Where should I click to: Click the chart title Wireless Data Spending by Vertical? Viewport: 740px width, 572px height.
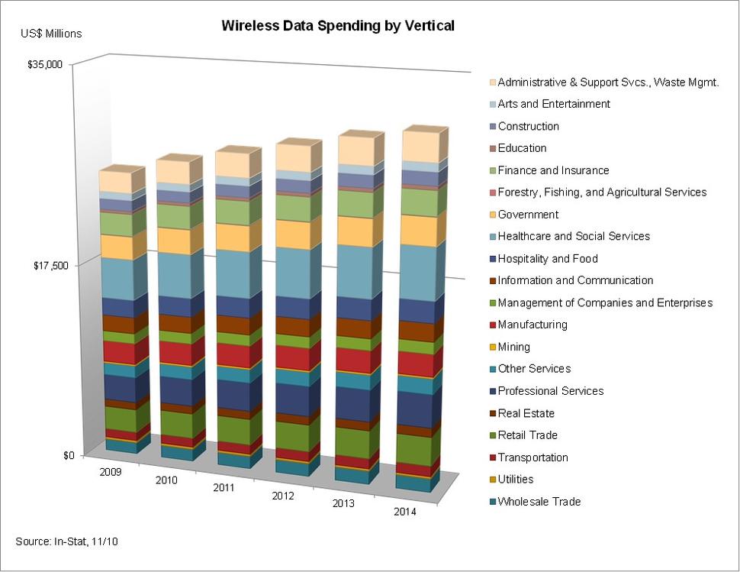point(338,26)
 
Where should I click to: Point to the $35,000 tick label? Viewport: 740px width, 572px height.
point(45,65)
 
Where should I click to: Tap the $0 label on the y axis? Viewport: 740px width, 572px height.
point(69,456)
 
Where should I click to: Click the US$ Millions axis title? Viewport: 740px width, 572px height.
point(50,34)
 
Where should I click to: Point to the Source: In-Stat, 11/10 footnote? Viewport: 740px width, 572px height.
point(66,541)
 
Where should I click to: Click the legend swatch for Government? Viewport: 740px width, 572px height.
point(492,215)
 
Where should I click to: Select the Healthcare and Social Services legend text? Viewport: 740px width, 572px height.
point(574,237)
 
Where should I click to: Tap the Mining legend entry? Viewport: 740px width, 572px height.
point(513,347)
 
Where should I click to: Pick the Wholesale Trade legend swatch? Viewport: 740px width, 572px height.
point(492,502)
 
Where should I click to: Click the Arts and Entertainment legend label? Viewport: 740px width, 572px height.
point(554,104)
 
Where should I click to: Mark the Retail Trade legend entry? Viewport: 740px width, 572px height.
point(527,435)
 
